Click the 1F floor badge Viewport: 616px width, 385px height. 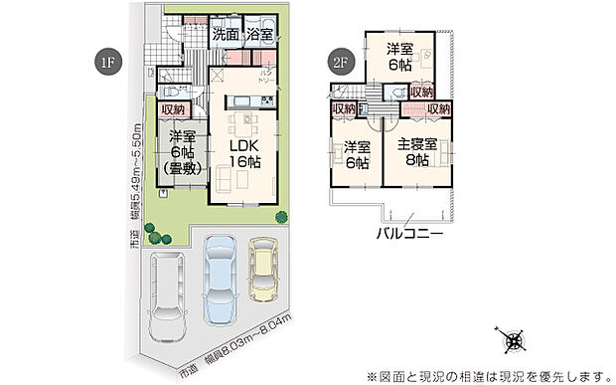pos(106,62)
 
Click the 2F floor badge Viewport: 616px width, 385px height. pos(340,62)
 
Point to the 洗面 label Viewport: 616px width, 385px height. pos(224,34)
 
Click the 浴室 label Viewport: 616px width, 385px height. pos(260,34)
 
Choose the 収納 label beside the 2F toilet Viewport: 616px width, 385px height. pos(421,93)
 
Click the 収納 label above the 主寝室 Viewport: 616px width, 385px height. pos(438,108)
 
